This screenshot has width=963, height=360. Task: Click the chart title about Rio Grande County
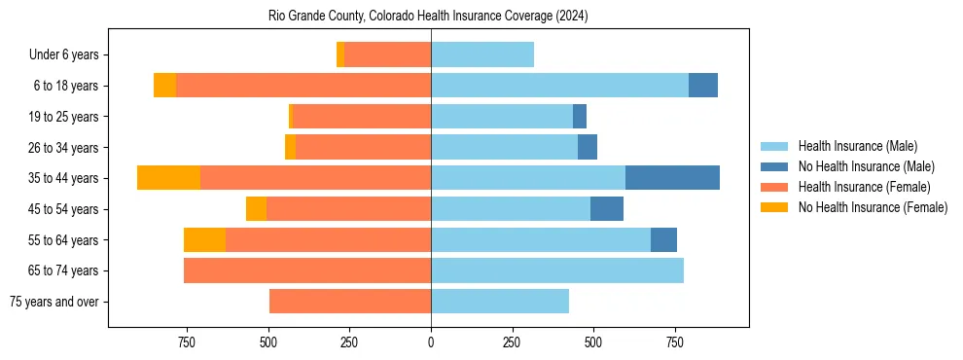click(x=428, y=17)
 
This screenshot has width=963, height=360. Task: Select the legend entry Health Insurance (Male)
click(x=857, y=146)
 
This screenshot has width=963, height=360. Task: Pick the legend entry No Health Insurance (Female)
click(x=873, y=207)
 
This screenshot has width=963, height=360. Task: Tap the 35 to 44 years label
click(x=63, y=178)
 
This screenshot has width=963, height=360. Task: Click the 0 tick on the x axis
click(x=431, y=342)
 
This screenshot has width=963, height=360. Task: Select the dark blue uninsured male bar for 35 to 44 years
click(x=672, y=178)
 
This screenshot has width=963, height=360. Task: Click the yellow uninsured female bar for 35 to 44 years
click(x=169, y=178)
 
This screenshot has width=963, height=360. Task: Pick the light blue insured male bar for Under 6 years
click(x=482, y=55)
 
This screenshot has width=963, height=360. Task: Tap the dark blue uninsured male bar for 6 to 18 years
click(x=703, y=86)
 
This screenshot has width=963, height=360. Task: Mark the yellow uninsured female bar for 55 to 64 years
click(x=204, y=240)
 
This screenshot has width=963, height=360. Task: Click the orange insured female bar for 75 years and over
click(x=350, y=302)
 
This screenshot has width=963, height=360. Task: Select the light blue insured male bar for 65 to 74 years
click(x=557, y=270)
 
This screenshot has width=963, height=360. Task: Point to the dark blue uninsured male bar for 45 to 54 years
click(x=607, y=209)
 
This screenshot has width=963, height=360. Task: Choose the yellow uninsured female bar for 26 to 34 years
click(x=290, y=148)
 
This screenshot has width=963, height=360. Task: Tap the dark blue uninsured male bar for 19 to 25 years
click(x=580, y=117)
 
